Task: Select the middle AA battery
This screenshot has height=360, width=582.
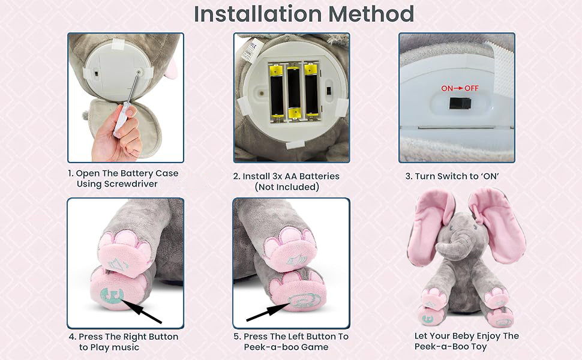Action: pyautogui.click(x=293, y=93)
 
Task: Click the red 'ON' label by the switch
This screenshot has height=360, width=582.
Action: pyautogui.click(x=448, y=88)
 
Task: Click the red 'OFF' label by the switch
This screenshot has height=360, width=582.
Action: pyautogui.click(x=472, y=88)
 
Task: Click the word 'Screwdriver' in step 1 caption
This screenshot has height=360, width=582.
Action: pyautogui.click(x=130, y=184)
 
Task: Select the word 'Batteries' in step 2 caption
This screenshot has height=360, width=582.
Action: pyautogui.click(x=319, y=176)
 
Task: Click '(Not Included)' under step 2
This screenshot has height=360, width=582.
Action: pyautogui.click(x=287, y=187)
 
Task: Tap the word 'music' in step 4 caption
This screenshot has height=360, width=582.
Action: pyautogui.click(x=125, y=347)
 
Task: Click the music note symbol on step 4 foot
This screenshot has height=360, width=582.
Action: pyautogui.click(x=110, y=296)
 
